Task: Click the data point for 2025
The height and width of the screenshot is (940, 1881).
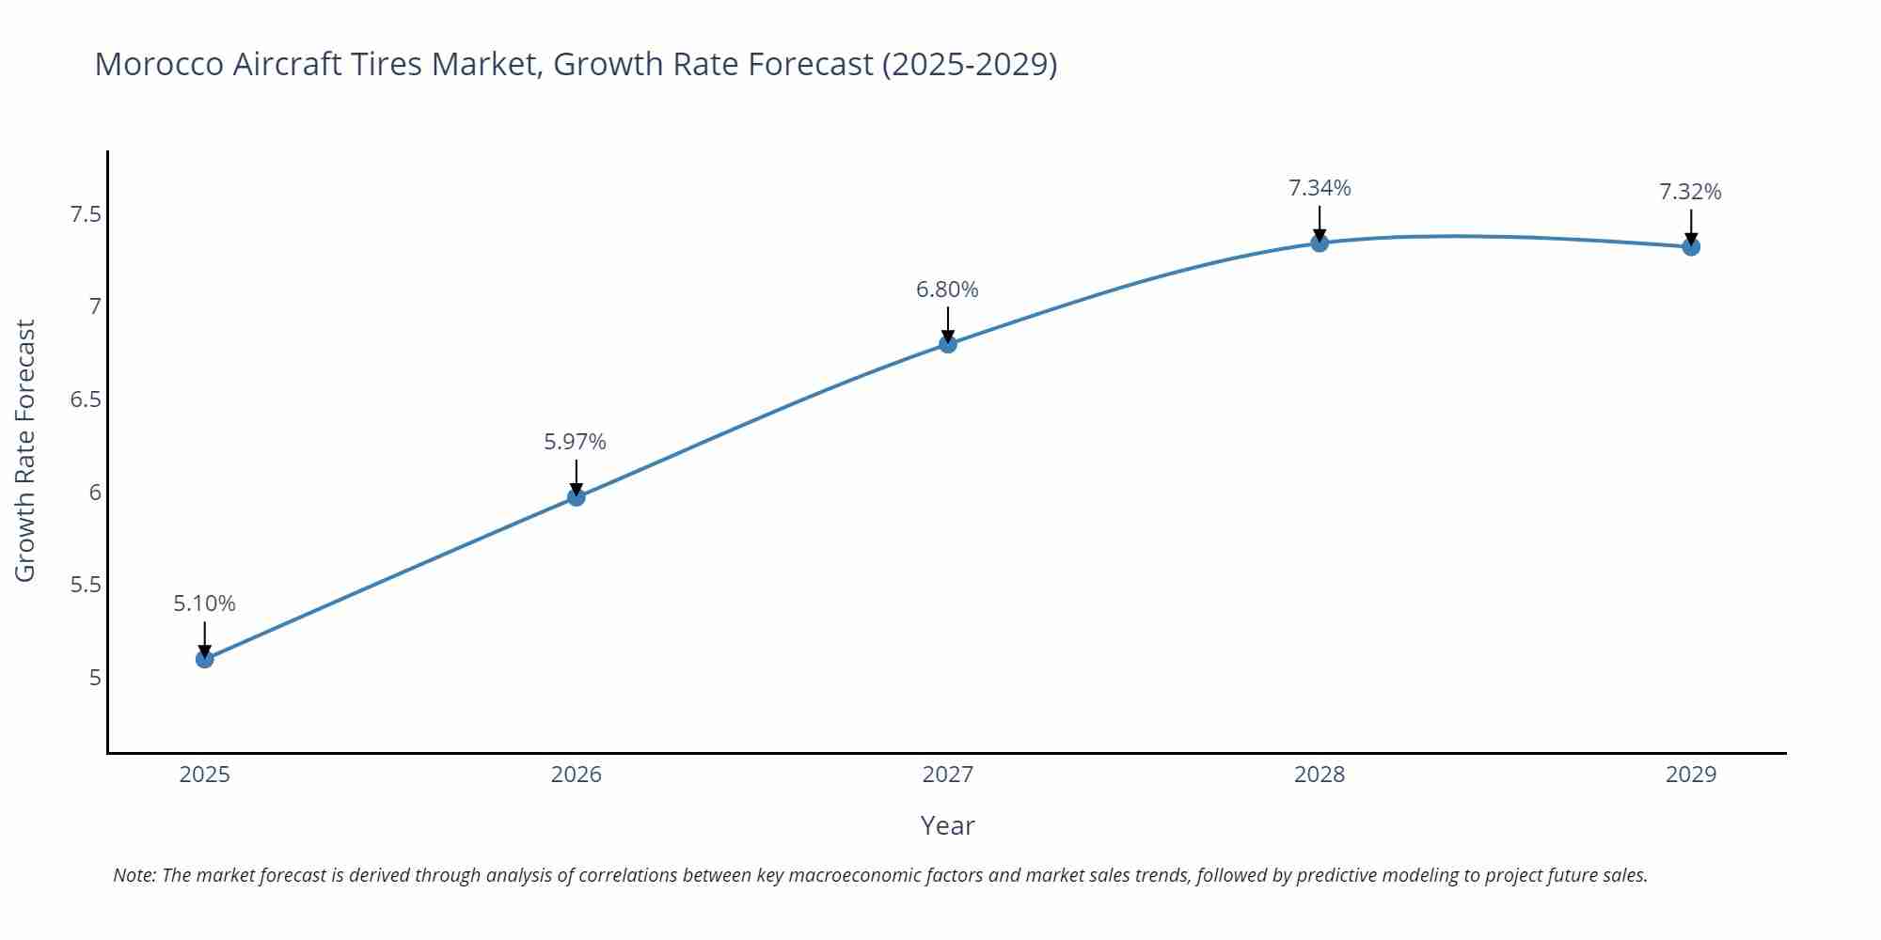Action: click(204, 659)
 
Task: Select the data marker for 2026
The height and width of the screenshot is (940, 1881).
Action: click(577, 496)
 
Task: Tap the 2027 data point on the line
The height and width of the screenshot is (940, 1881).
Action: click(948, 344)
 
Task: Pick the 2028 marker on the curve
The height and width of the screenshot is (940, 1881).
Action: click(1320, 243)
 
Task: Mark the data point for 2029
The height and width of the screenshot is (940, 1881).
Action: click(1691, 247)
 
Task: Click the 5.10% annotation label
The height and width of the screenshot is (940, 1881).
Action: click(204, 603)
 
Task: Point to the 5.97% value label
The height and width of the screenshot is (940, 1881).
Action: click(576, 441)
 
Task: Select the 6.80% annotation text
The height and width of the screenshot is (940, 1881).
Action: click(947, 290)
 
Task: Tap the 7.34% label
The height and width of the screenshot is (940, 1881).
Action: click(1320, 188)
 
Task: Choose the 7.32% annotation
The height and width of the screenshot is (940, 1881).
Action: click(1690, 192)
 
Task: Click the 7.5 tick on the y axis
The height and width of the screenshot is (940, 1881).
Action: click(86, 215)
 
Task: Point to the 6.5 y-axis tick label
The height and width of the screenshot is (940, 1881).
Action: click(86, 399)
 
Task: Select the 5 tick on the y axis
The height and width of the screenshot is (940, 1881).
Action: click(94, 678)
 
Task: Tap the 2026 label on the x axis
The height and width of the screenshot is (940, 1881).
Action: click(577, 775)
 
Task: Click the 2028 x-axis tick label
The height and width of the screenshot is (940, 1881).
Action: click(1320, 775)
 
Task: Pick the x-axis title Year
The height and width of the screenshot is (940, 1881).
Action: click(947, 825)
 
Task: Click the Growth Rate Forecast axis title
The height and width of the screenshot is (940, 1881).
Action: click(25, 450)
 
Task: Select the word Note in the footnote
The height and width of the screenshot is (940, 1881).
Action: click(134, 875)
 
